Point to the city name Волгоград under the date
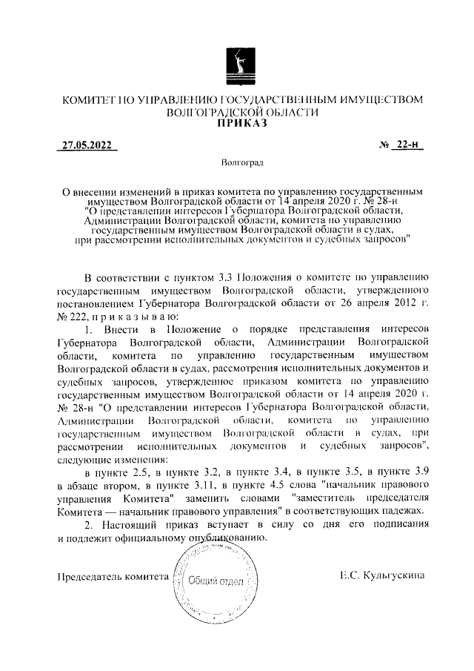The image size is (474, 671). [237, 161]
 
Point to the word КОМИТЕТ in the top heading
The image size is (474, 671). [87, 99]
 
